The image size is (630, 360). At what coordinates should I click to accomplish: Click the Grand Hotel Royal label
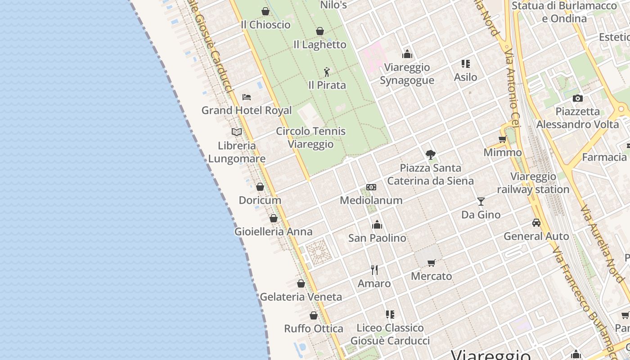tap(247, 110)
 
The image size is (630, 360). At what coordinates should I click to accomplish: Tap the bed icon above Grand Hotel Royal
tap(246, 97)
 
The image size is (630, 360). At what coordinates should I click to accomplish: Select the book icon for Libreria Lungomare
tap(237, 132)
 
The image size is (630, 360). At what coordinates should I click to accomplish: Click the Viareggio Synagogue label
tap(407, 74)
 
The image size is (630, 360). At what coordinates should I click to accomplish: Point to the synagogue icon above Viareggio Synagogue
tap(407, 54)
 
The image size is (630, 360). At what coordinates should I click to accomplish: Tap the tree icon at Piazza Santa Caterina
tap(431, 155)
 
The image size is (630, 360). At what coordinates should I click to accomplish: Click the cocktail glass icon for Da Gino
tap(481, 201)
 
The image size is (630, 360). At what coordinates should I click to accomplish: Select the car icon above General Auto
tap(536, 223)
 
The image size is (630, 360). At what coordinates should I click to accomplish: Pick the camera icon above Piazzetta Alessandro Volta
tap(578, 98)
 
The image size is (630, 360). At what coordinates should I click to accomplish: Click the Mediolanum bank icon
tap(371, 187)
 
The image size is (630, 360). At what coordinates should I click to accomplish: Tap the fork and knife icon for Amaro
tap(374, 270)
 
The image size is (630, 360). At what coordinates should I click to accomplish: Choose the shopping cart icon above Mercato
tap(431, 263)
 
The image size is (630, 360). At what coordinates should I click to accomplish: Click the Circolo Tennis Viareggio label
tap(310, 138)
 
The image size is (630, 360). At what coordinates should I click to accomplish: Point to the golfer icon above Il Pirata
tap(327, 72)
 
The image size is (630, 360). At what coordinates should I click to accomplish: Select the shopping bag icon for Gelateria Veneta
tap(301, 283)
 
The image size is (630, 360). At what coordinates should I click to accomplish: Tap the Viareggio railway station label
tap(533, 183)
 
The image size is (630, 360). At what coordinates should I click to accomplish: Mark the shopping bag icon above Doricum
tap(260, 187)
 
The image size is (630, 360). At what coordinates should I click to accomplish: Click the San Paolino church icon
tap(377, 224)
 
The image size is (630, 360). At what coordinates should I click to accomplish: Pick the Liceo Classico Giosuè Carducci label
tap(390, 334)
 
